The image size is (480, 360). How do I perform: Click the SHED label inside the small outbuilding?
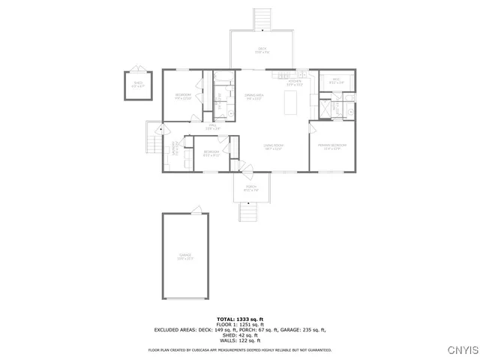[138, 84]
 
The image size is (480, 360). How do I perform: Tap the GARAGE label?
[185, 256]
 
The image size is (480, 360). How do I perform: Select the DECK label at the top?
[262, 50]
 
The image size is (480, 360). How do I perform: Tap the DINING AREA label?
[254, 96]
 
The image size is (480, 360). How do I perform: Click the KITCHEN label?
[295, 82]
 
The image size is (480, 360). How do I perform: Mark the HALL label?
[212, 127]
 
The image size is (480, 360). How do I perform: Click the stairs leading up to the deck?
[262, 19]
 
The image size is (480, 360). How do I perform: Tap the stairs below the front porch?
[248, 213]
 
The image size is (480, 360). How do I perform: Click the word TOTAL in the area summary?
[226, 319]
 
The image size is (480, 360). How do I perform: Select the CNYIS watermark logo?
[460, 349]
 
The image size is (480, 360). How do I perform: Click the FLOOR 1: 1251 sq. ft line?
[239, 324]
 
